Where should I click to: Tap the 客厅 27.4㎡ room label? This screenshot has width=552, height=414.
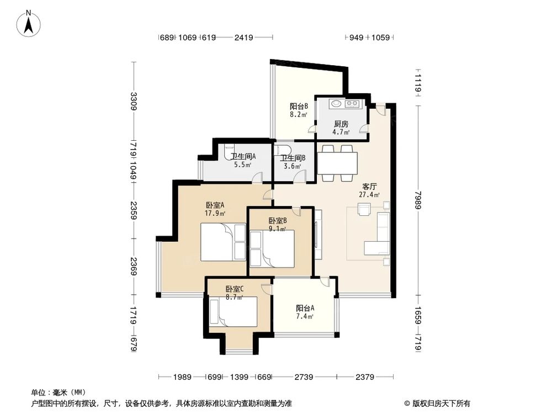click(369, 190)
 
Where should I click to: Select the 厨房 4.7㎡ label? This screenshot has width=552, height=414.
click(341, 128)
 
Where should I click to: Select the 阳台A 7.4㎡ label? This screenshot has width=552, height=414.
click(305, 312)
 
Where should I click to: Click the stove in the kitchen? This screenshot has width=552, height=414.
click(351, 103)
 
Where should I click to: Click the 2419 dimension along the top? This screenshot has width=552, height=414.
click(243, 38)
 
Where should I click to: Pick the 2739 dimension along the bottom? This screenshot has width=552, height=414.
click(304, 378)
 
